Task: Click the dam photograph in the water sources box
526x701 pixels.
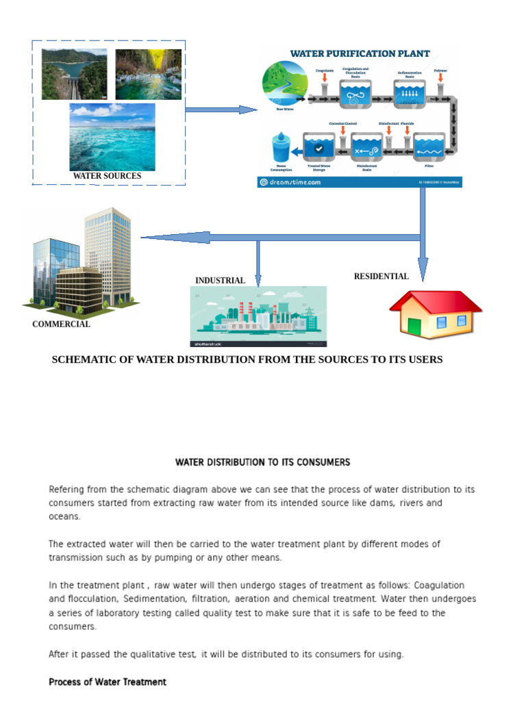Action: [x=74, y=74]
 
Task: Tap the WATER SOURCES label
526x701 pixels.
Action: [x=107, y=176]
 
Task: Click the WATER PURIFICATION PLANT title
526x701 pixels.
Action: [x=360, y=53]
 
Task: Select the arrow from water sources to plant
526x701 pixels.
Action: [x=221, y=110]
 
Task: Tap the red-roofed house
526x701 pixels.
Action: [x=436, y=314]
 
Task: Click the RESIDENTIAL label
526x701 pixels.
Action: [x=381, y=277]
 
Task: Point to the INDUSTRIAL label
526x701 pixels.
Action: [x=220, y=281]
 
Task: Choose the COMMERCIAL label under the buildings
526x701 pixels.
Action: [x=61, y=324]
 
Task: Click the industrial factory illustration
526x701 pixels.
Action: [x=258, y=316]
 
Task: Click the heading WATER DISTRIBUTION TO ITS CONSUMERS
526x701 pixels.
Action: [x=262, y=462]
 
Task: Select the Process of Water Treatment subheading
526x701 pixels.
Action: [x=108, y=682]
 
